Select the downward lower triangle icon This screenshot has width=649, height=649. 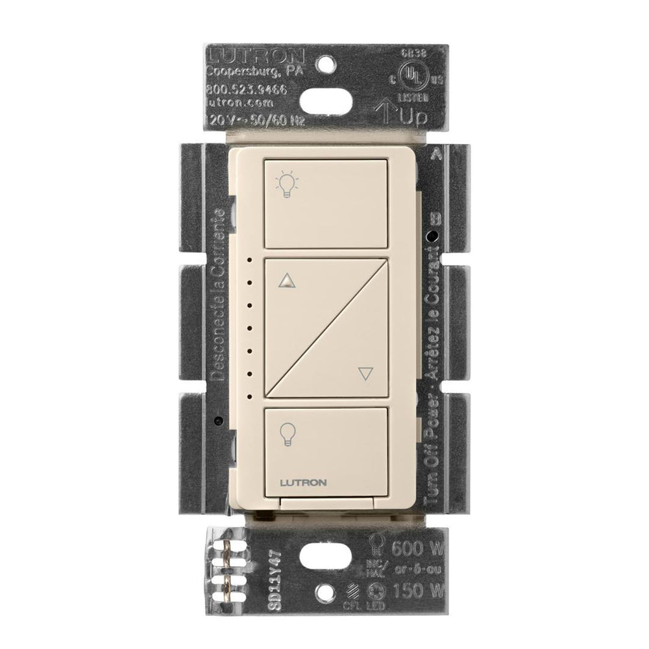[366, 373]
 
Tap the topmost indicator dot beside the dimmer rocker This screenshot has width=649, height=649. [249, 260]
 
